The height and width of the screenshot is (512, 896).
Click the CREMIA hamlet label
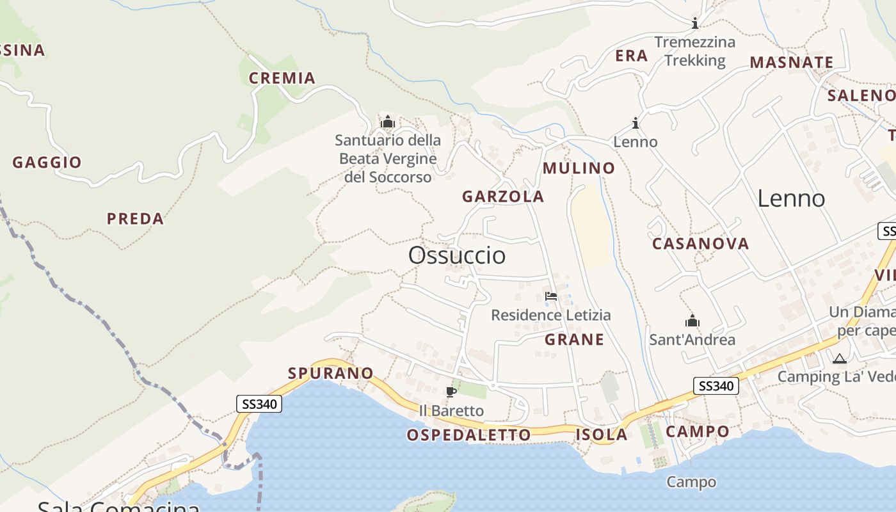(282, 78)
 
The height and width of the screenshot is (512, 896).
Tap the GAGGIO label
(47, 163)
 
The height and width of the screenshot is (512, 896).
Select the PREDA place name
(135, 219)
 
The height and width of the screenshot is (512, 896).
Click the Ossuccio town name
(457, 255)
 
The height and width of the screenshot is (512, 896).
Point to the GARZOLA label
(503, 196)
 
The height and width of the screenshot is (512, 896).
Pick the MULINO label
(579, 168)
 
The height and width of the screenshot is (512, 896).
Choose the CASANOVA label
(700, 244)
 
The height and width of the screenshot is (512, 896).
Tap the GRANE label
(574, 340)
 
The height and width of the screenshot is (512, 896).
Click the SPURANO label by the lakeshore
(330, 373)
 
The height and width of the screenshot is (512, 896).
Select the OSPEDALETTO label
(468, 435)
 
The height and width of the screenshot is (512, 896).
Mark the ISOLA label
(601, 435)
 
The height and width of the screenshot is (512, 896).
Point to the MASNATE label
(792, 63)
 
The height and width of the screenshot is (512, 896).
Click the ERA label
(632, 56)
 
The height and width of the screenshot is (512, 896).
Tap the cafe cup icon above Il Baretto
(451, 392)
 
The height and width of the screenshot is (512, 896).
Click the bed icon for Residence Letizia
(550, 296)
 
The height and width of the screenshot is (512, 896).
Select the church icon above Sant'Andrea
(692, 321)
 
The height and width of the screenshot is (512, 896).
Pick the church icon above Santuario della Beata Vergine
(388, 122)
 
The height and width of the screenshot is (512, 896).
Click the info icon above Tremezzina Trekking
(695, 24)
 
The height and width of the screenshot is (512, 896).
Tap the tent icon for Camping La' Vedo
(839, 358)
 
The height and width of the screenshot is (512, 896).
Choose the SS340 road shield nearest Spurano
(259, 404)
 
